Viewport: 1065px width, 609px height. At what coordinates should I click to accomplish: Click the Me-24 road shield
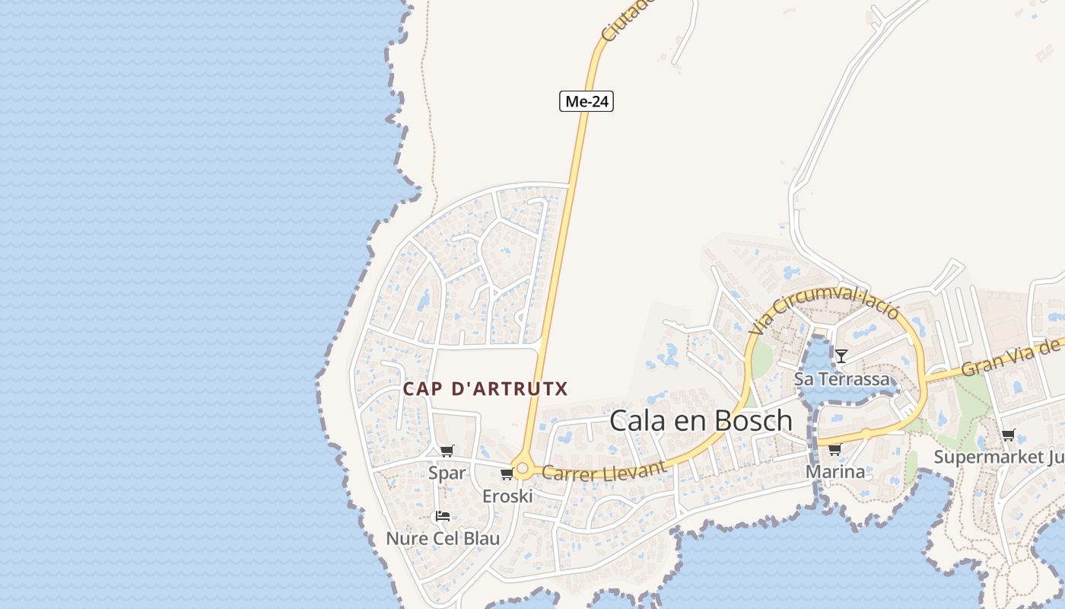[587, 101]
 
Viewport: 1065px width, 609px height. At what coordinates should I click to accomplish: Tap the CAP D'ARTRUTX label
[485, 389]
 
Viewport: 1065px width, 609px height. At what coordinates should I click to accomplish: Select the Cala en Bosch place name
[701, 420]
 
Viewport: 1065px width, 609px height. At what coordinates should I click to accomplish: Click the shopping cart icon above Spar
[447, 451]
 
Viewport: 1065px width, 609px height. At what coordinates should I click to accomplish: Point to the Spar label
[447, 473]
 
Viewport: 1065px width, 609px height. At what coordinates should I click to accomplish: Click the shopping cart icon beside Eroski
[507, 474]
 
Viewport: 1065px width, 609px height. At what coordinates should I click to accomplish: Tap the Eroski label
[507, 496]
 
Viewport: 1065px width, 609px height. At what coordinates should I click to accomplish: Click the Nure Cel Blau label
[443, 539]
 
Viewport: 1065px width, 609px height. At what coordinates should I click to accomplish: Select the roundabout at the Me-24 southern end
[522, 468]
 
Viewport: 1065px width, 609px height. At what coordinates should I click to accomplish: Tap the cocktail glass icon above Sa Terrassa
[841, 356]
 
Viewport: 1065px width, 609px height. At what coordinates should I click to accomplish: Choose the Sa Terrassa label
[841, 378]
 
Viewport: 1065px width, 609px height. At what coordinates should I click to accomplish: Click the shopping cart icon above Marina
[835, 449]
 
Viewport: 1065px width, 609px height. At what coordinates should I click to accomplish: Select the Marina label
[835, 472]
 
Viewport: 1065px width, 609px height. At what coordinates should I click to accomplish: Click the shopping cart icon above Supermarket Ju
[1009, 435]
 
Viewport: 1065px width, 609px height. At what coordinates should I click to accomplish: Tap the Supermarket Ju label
[998, 457]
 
